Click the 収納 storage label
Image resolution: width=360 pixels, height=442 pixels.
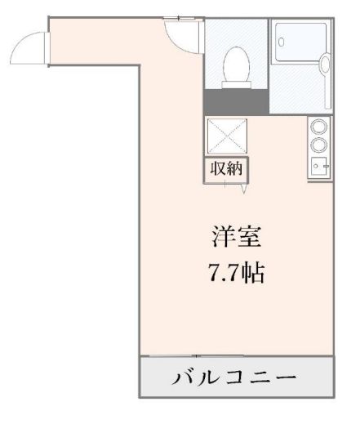click(x=226, y=170)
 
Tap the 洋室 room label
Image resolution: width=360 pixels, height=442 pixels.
click(x=235, y=239)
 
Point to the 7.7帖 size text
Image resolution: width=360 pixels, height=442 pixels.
click(x=235, y=272)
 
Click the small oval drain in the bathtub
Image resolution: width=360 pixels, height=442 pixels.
click(x=281, y=38)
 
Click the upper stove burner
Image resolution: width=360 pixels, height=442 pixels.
click(x=320, y=127)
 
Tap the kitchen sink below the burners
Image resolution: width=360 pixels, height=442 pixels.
click(x=318, y=165)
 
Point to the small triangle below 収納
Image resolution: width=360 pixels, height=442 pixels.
click(x=244, y=190)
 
